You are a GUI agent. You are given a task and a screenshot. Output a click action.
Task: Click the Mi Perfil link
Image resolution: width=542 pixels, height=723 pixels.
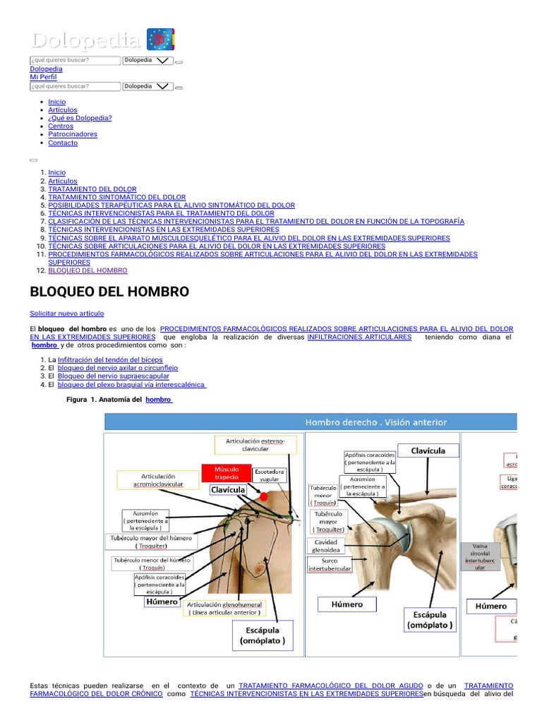pos(44,77)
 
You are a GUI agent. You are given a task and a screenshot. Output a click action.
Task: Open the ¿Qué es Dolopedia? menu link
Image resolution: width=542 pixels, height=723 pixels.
pos(80,118)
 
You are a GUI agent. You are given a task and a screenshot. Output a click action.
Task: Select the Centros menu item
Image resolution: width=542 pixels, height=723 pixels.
pos(61,126)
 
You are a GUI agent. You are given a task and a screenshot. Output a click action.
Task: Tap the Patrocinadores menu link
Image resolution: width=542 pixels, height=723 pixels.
pos(73,134)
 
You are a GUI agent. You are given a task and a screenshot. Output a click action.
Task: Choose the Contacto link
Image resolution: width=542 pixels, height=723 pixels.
pos(63,143)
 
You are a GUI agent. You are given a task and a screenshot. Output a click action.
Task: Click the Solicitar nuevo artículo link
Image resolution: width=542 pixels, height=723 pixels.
pos(67,313)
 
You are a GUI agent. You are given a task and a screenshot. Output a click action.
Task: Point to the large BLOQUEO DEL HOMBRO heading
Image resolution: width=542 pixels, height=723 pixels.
pos(109,292)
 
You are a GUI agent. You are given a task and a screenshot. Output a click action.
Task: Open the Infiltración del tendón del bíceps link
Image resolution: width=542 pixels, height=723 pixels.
pos(110,359)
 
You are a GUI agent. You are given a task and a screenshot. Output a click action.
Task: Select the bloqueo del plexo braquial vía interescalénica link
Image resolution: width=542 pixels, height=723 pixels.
pos(131,385)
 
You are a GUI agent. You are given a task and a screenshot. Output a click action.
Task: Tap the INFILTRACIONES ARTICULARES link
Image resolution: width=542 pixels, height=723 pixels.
pos(359,337)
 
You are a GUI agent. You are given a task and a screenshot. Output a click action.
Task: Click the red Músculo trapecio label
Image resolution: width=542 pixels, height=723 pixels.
pos(227,473)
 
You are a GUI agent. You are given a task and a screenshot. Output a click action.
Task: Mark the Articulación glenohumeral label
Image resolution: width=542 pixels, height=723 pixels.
pos(224,609)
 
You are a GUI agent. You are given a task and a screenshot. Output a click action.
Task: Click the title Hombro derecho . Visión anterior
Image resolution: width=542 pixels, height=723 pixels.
pos(375,422)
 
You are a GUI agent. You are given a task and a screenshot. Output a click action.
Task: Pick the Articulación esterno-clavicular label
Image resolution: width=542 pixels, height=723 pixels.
pos(255,444)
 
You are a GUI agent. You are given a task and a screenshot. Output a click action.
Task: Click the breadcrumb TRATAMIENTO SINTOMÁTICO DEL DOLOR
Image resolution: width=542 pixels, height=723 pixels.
pos(117,197)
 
